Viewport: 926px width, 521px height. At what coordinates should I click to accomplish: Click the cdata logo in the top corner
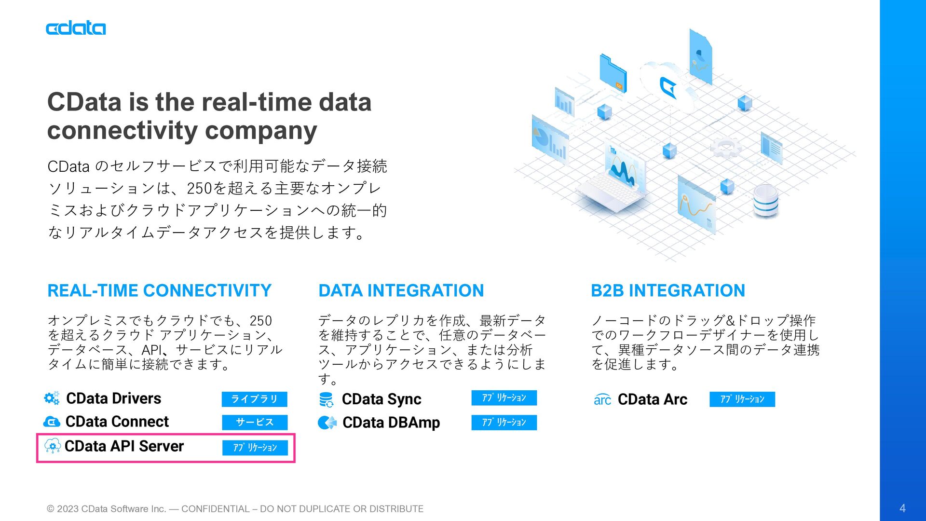point(76,28)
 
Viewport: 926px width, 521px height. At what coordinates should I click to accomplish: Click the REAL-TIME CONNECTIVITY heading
point(159,290)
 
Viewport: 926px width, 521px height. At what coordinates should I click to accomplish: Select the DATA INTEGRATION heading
point(401,290)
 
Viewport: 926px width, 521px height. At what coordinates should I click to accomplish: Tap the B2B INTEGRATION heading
point(668,290)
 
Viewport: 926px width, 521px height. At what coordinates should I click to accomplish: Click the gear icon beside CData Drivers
point(52,398)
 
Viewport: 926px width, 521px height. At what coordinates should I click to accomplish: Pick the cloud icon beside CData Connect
point(52,422)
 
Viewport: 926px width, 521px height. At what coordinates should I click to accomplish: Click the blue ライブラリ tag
point(254,399)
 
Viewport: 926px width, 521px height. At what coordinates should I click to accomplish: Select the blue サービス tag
point(255,422)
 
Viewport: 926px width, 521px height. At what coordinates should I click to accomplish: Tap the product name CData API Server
point(124,446)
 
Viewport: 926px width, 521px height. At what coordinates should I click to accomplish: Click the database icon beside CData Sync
point(327,399)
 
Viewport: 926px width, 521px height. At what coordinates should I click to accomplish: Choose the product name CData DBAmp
point(391,423)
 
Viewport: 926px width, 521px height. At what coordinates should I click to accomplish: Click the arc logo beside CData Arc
point(602,399)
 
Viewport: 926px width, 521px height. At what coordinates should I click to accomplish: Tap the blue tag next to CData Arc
point(742,399)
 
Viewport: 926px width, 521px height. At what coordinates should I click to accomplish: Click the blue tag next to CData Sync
point(504,398)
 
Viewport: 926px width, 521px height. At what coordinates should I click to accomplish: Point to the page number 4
point(902,508)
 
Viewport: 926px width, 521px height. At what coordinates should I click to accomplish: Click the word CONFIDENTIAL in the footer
point(215,509)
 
